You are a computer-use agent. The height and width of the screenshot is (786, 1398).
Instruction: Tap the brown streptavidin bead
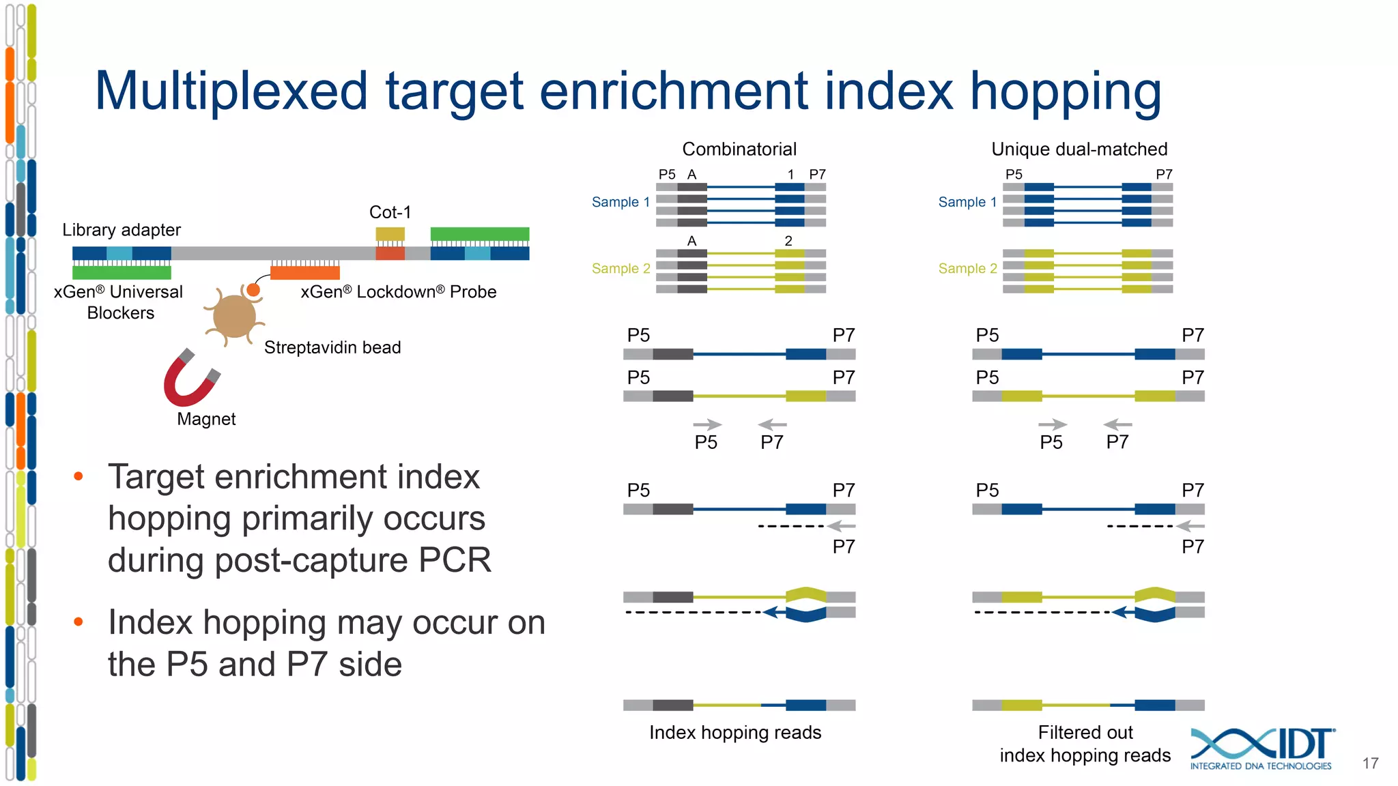pyautogui.click(x=234, y=316)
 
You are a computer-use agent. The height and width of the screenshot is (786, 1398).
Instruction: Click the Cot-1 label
pyautogui.click(x=390, y=212)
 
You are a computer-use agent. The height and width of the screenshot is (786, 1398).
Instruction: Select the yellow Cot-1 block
pyautogui.click(x=390, y=234)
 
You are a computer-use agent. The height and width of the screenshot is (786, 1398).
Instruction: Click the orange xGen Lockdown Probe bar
pyautogui.click(x=304, y=273)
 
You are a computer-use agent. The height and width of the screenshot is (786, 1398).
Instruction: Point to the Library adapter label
pyautogui.click(x=122, y=230)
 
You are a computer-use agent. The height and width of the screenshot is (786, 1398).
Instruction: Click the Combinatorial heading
pyautogui.click(x=739, y=149)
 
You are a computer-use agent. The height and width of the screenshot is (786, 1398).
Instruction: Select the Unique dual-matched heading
pyautogui.click(x=1079, y=149)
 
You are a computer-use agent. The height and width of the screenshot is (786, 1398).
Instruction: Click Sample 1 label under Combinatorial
pyautogui.click(x=620, y=202)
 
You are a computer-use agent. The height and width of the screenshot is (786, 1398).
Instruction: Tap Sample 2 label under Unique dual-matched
pyautogui.click(x=967, y=268)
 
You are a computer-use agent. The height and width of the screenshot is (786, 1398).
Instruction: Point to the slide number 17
pyautogui.click(x=1370, y=763)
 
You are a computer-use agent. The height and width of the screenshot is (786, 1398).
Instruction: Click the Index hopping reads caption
pyautogui.click(x=735, y=733)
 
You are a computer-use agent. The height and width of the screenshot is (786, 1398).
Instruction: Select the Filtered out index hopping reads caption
pyautogui.click(x=1085, y=744)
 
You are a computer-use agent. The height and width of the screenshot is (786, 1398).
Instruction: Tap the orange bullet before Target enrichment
pyautogui.click(x=79, y=476)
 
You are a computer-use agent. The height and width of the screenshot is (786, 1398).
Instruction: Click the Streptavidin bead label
pyautogui.click(x=332, y=348)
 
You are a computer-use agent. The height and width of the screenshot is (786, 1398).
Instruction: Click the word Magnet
pyautogui.click(x=206, y=419)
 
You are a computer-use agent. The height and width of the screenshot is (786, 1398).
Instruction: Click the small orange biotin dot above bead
pyautogui.click(x=253, y=290)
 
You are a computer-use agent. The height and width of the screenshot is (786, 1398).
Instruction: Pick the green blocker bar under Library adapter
pyautogui.click(x=122, y=272)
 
